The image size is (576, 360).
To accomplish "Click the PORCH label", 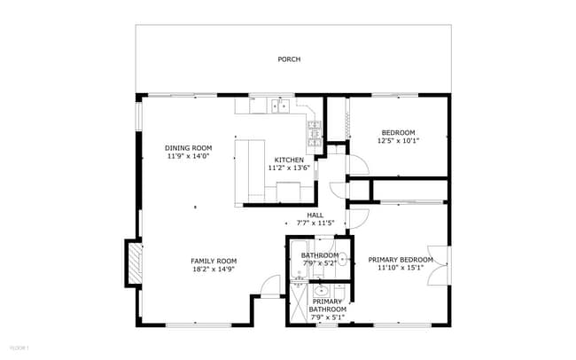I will tap(289, 59).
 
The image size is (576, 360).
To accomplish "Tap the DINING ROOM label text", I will tap(189, 148).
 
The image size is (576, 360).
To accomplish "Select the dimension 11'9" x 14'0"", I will tap(189, 156).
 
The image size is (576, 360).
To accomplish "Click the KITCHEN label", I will tap(289, 160).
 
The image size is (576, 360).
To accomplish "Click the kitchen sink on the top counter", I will tap(281, 107).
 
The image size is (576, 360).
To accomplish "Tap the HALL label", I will tap(315, 215).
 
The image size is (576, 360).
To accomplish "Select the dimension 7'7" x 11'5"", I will tap(315, 223).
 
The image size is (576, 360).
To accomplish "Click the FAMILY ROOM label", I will tap(214, 261).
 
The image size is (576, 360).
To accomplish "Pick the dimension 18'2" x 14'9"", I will tap(214, 269).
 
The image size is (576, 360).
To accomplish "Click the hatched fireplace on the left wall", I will tap(134, 263).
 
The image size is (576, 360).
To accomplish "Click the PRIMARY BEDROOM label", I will tap(401, 260).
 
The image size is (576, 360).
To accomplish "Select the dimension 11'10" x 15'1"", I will tap(401, 268).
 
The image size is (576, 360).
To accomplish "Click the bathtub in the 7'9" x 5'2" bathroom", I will tap(298, 259).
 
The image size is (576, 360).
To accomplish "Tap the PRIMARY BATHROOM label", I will tap(326, 305).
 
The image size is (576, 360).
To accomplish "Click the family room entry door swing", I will tap(271, 286).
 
